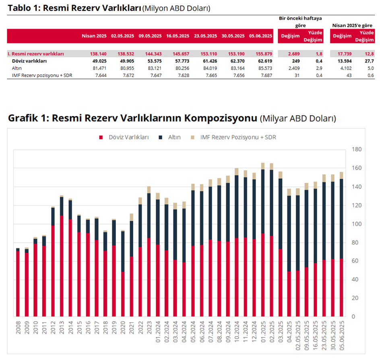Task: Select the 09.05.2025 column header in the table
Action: click(x=150, y=36)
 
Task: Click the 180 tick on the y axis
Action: click(x=357, y=149)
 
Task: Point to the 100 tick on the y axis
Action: click(x=357, y=224)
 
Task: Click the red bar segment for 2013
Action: click(x=62, y=266)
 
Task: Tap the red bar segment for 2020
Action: click(x=123, y=294)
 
